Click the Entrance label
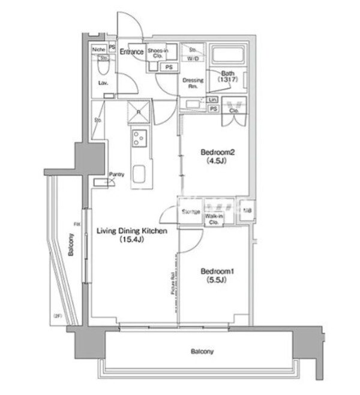click(x=131, y=52)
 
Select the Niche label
click(x=99, y=50)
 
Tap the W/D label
click(x=194, y=59)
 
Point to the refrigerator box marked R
click(x=138, y=112)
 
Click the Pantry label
click(x=116, y=175)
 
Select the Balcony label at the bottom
click(x=202, y=352)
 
